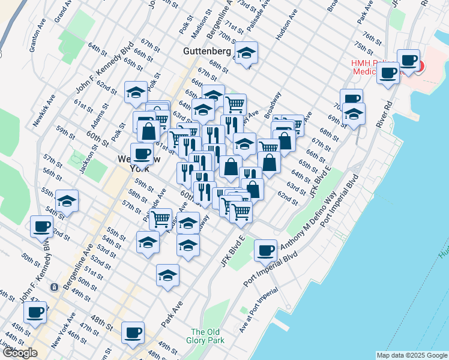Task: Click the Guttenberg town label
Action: point(207,52)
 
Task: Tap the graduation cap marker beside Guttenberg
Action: point(246,53)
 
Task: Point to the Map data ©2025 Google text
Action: point(411,355)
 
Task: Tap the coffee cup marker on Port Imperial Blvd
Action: point(265,250)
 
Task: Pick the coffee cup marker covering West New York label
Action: point(142,154)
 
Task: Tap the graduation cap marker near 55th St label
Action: point(67,202)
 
